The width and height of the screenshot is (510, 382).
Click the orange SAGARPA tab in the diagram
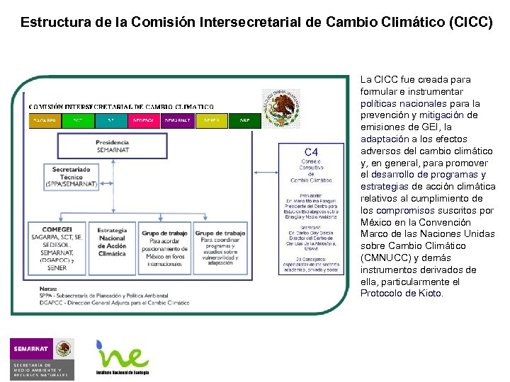click(x=45, y=120)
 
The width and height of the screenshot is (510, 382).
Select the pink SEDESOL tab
click(x=144, y=120)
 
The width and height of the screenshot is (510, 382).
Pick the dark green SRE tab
click(x=245, y=120)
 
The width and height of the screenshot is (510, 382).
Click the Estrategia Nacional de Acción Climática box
click(x=113, y=243)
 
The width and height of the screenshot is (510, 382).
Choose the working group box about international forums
click(x=164, y=248)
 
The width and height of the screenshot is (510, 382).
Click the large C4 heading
click(x=311, y=151)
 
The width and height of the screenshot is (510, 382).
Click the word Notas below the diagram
click(x=49, y=289)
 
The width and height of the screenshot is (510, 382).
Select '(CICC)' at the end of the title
click(x=470, y=22)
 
